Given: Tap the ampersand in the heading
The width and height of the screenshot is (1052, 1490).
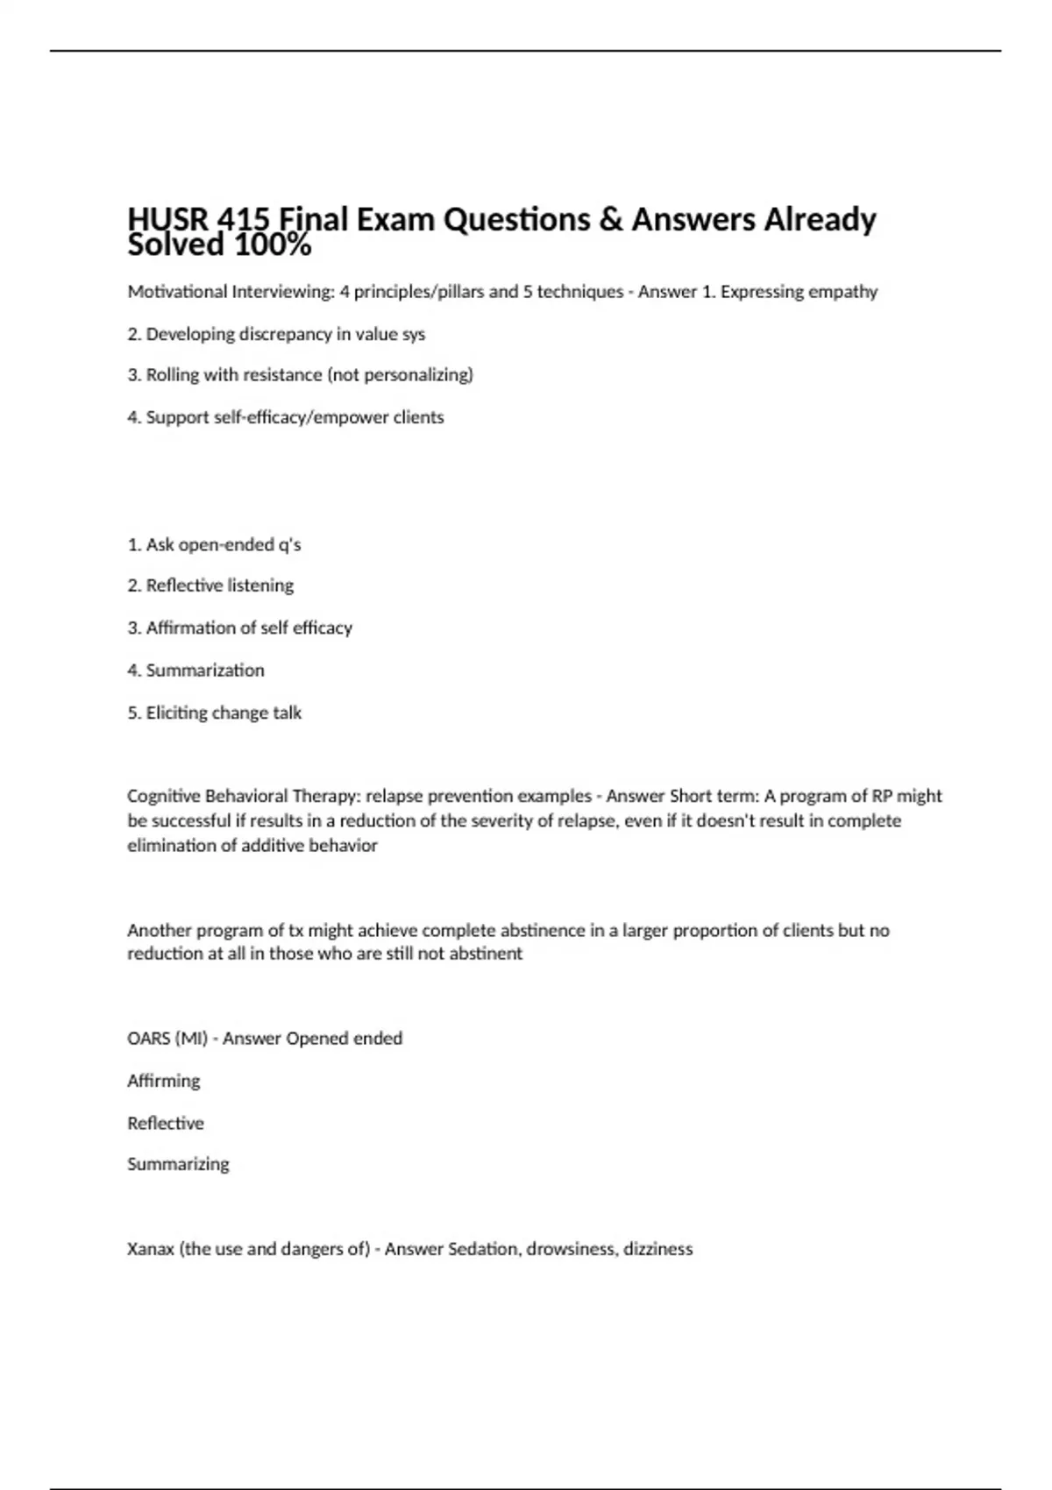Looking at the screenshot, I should click(x=610, y=219).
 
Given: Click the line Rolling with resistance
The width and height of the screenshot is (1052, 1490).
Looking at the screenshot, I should click(x=300, y=375).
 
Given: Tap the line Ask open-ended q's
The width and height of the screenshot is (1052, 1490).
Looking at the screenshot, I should click(x=214, y=545).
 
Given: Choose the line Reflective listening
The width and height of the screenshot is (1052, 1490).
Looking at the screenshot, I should click(x=210, y=585).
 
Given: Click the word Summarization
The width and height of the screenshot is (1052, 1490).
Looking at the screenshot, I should click(x=204, y=670).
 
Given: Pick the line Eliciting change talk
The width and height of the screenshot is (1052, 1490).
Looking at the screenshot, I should click(x=214, y=713).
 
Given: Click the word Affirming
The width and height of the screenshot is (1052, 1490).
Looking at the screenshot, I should click(x=164, y=1081).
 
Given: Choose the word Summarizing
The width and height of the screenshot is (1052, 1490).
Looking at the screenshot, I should click(x=178, y=1165).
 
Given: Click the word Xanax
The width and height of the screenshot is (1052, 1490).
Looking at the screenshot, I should click(x=151, y=1249).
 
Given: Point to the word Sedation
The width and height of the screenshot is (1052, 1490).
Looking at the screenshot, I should click(x=483, y=1249).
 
